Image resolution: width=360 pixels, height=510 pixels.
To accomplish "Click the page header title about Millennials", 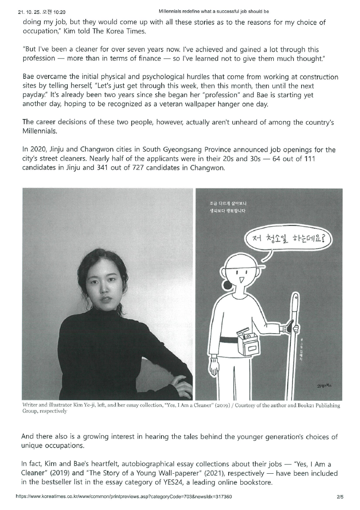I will pyautogui.click(x=214, y=12).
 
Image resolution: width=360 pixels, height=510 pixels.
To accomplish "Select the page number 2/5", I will pyautogui.click(x=340, y=497).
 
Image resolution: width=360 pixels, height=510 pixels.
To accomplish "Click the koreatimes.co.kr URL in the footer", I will pyautogui.click(x=123, y=497).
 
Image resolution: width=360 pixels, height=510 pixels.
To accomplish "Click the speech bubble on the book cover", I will pyautogui.click(x=287, y=240).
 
